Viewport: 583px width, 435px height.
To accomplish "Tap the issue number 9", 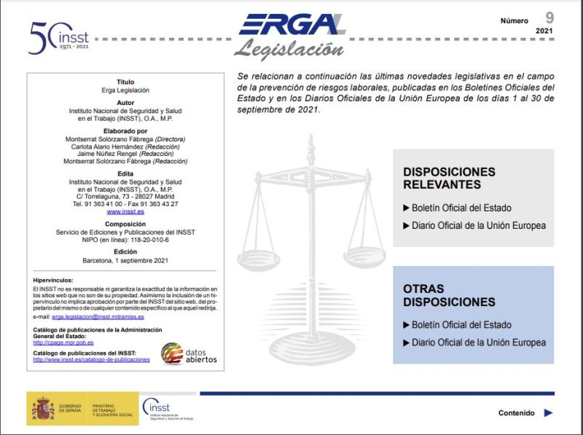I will [x=549, y=17].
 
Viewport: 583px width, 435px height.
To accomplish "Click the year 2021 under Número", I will [x=544, y=31].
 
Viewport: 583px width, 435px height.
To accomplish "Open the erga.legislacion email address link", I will [x=98, y=317].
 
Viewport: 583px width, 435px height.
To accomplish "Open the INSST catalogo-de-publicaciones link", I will [x=91, y=359].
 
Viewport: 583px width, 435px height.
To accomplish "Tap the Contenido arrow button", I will [x=549, y=412].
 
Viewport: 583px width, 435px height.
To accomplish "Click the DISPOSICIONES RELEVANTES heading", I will [x=449, y=178].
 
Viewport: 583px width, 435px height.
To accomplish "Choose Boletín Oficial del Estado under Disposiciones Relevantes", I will [x=461, y=208].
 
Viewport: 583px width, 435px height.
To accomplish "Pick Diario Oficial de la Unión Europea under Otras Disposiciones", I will [x=478, y=342].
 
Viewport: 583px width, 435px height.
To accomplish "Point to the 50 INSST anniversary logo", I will [x=58, y=34].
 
